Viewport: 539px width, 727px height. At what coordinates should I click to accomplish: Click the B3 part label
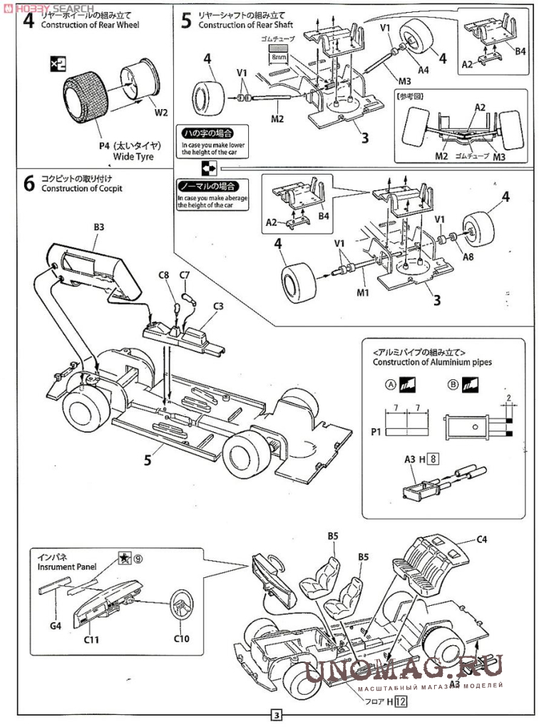click(99, 227)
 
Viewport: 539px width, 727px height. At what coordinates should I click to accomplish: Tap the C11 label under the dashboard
click(91, 639)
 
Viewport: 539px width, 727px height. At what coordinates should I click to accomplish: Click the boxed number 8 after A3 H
click(433, 460)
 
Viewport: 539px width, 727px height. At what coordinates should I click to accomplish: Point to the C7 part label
click(184, 275)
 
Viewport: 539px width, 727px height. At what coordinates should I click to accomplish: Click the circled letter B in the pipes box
click(453, 385)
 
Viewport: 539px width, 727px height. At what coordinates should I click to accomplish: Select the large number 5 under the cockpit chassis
click(148, 459)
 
